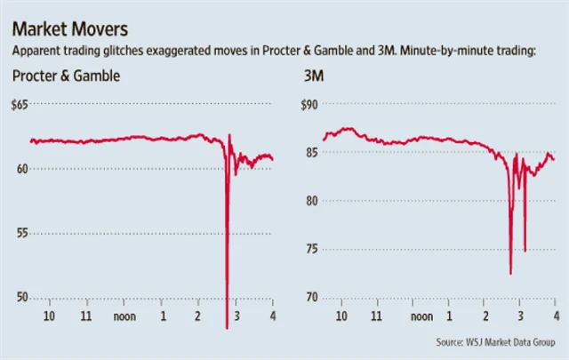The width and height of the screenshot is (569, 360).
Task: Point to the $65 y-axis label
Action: click(19, 105)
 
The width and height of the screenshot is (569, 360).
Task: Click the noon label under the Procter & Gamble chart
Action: click(124, 316)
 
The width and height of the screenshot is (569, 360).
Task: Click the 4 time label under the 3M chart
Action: click(555, 316)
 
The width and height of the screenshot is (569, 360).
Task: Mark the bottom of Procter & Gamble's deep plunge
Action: click(227, 327)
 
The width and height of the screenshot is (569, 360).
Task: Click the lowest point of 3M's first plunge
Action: click(510, 273)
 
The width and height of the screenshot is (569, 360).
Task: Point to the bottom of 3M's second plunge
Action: click(525, 251)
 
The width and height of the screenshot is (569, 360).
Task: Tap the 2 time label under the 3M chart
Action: click(485, 316)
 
